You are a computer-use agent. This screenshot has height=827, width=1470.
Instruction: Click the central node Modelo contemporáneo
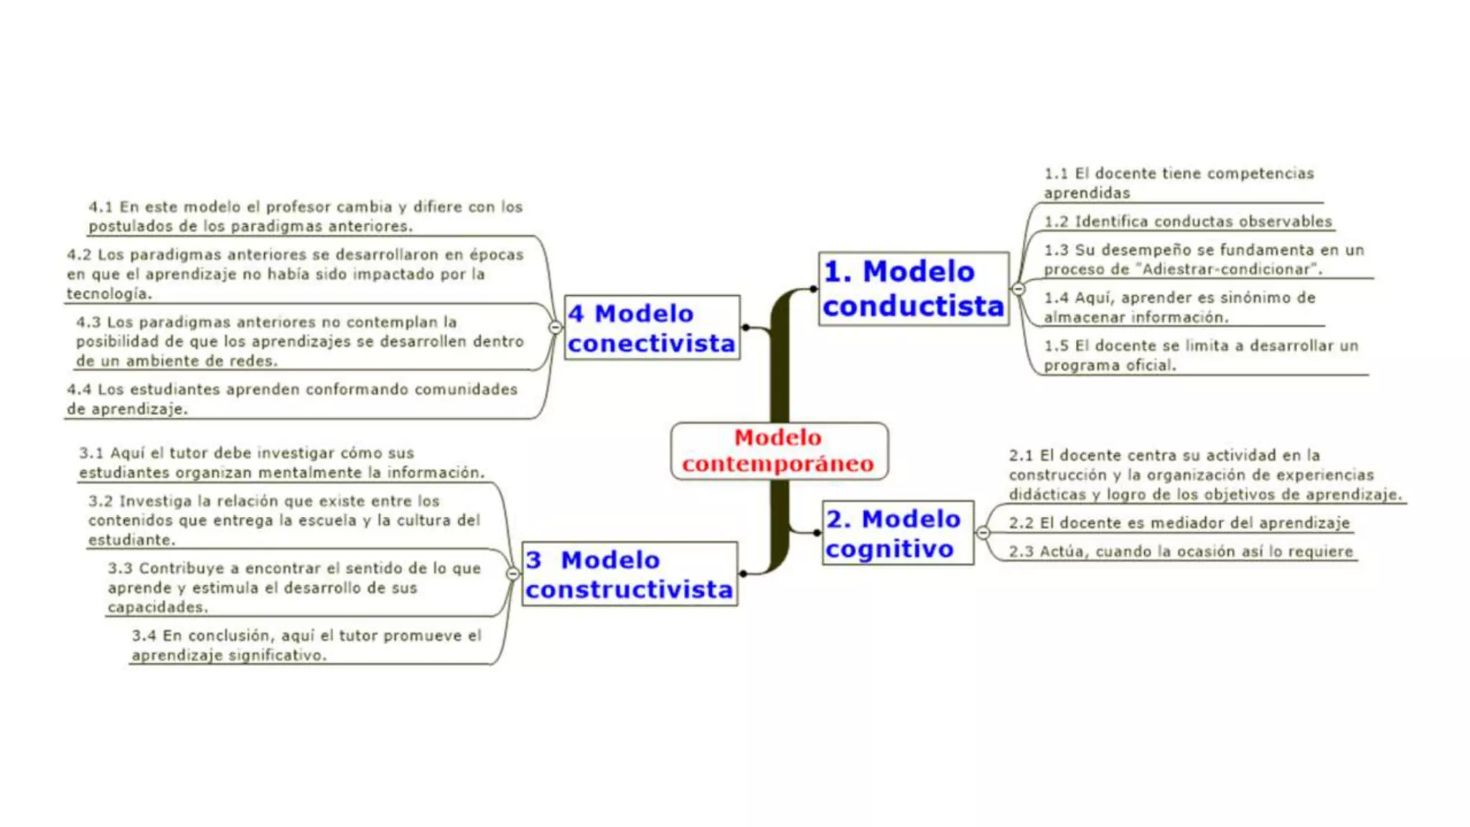pyautogui.click(x=779, y=451)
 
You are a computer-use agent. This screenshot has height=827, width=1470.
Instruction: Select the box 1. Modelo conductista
pyautogui.click(x=913, y=289)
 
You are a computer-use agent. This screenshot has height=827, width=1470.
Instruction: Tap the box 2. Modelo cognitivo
pyautogui.click(x=897, y=533)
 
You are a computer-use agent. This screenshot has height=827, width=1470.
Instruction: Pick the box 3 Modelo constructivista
pyautogui.click(x=629, y=574)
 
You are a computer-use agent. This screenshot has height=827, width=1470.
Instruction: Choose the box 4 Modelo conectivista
pyautogui.click(x=652, y=328)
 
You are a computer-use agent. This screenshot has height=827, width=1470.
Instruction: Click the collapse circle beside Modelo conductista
pyautogui.click(x=1018, y=289)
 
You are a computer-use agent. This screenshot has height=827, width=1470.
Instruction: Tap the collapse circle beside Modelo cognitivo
pyautogui.click(x=983, y=533)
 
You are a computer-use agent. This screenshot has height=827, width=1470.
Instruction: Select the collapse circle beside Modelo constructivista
pyautogui.click(x=512, y=574)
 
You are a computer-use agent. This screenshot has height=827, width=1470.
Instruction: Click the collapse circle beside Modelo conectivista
pyautogui.click(x=555, y=327)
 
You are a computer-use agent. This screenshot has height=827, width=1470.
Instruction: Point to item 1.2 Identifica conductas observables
pyautogui.click(x=1188, y=222)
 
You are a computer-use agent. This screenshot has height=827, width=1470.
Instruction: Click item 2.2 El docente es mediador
pyautogui.click(x=1179, y=523)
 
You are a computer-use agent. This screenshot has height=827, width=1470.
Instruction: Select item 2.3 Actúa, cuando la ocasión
pyautogui.click(x=1181, y=552)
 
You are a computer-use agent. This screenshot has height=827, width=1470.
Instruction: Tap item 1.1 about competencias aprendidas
pyautogui.click(x=1179, y=183)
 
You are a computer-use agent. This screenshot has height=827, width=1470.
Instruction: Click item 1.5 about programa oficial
pyautogui.click(x=1201, y=355)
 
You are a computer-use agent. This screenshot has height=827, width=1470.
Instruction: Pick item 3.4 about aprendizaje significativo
pyautogui.click(x=306, y=645)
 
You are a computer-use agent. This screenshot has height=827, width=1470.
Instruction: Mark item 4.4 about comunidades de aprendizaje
pyautogui.click(x=292, y=399)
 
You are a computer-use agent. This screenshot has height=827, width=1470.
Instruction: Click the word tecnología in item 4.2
pyautogui.click(x=109, y=294)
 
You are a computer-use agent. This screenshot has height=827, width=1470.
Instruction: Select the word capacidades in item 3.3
pyautogui.click(x=158, y=607)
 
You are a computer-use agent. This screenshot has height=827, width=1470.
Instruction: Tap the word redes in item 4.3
pyautogui.click(x=254, y=361)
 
